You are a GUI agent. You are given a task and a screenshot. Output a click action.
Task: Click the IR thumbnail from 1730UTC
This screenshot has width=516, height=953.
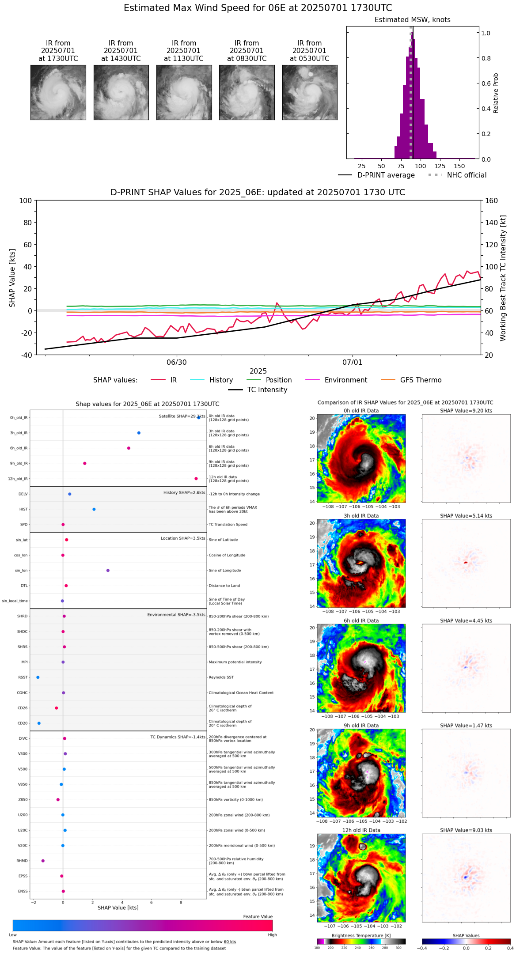coord(58,92)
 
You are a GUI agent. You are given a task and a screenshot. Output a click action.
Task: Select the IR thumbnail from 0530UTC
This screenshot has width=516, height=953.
coord(310,92)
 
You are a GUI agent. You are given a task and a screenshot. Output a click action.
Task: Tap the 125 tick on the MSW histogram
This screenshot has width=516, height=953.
coord(440,166)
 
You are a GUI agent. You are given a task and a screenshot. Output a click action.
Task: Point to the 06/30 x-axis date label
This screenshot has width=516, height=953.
coord(177,363)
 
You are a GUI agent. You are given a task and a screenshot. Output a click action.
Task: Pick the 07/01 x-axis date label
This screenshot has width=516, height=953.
coord(352,363)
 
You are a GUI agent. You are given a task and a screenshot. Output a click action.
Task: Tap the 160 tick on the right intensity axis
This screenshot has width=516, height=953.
coord(491,201)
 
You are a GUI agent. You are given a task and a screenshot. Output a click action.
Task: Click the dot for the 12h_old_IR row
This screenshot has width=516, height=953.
coord(196,479)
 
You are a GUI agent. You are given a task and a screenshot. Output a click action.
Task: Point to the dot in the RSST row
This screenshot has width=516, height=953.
coord(38,677)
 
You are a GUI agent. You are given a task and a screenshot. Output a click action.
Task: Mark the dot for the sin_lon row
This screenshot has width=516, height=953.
coord(108,571)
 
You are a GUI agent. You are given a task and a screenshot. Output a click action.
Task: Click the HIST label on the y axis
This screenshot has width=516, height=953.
coord(23,510)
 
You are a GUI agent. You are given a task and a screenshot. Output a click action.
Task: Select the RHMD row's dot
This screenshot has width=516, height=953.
coord(43,861)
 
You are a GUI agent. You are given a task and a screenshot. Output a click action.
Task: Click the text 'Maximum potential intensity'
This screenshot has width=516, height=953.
coord(235,662)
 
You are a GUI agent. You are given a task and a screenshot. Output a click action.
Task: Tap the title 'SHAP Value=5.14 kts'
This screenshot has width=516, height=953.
coord(466,516)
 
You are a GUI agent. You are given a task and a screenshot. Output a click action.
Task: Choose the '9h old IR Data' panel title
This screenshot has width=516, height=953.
coord(361,726)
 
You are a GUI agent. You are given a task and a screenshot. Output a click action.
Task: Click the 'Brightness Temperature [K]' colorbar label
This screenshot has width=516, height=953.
coord(361,936)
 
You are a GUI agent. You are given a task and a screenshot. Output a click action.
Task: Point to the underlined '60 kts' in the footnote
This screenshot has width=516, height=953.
coord(230,942)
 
